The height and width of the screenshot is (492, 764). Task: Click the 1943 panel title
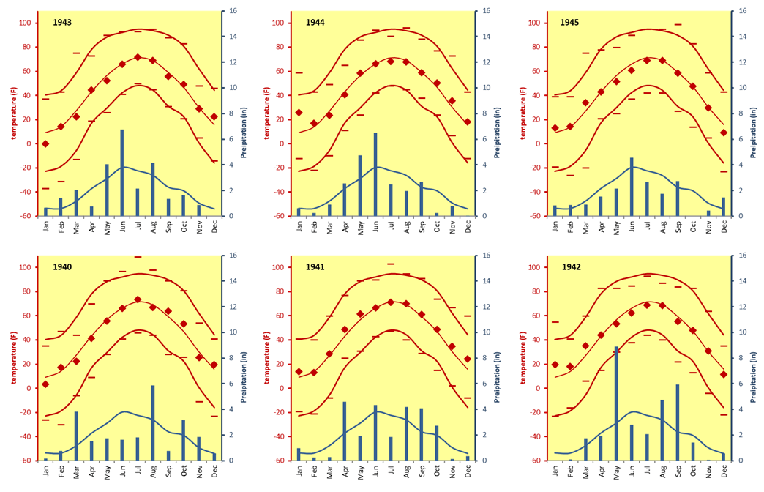[x=62, y=23]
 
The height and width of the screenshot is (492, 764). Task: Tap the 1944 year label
[x=315, y=23]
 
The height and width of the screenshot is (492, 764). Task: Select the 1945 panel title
[x=569, y=23]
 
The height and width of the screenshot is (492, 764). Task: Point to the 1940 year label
[x=62, y=267]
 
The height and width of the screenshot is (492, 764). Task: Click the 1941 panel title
[x=315, y=267]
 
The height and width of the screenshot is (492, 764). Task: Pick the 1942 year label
[x=572, y=267]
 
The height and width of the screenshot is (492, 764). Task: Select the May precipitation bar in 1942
[x=616, y=403]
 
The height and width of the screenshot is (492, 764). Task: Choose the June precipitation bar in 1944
[x=375, y=175]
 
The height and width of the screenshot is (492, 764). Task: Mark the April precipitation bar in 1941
[x=345, y=431]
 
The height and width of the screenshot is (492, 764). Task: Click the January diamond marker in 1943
[x=45, y=144]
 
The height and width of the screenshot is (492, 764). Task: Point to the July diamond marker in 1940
[x=138, y=299]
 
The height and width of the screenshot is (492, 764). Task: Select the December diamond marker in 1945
[x=724, y=133]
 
